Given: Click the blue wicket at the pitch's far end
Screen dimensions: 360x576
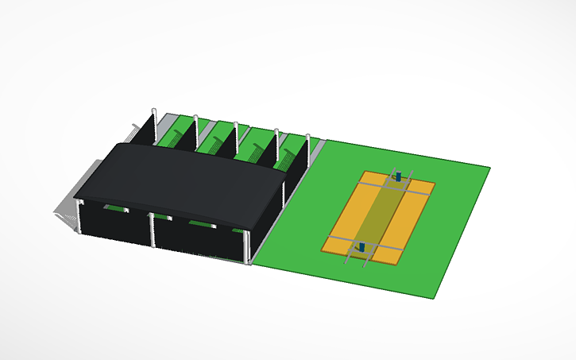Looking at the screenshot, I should (x=398, y=176).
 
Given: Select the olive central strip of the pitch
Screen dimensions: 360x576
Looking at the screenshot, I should (x=380, y=212).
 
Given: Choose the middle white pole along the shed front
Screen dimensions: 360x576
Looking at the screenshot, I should (x=152, y=230).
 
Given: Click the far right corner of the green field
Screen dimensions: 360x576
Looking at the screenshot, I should (x=488, y=167).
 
